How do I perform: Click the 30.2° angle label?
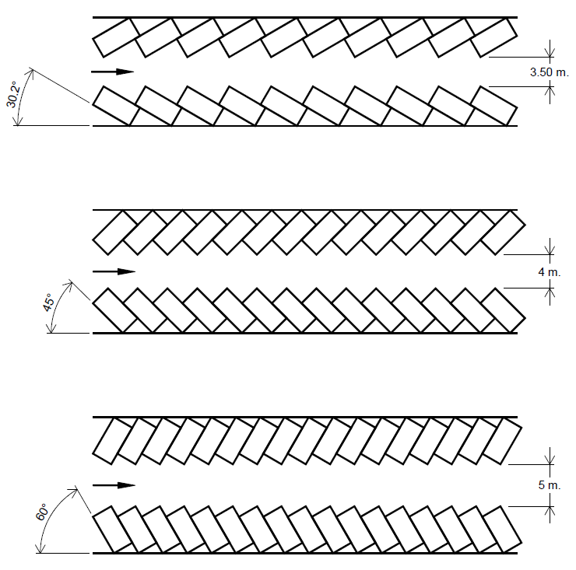(13, 94)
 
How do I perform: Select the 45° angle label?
(48, 302)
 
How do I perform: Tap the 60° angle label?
(41, 512)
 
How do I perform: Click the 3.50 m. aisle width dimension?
(550, 72)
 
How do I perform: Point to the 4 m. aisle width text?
(550, 272)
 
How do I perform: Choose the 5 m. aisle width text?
(550, 484)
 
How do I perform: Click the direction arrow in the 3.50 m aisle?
(112, 72)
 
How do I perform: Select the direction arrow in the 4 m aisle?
(114, 271)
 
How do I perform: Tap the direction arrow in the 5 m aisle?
(114, 485)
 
